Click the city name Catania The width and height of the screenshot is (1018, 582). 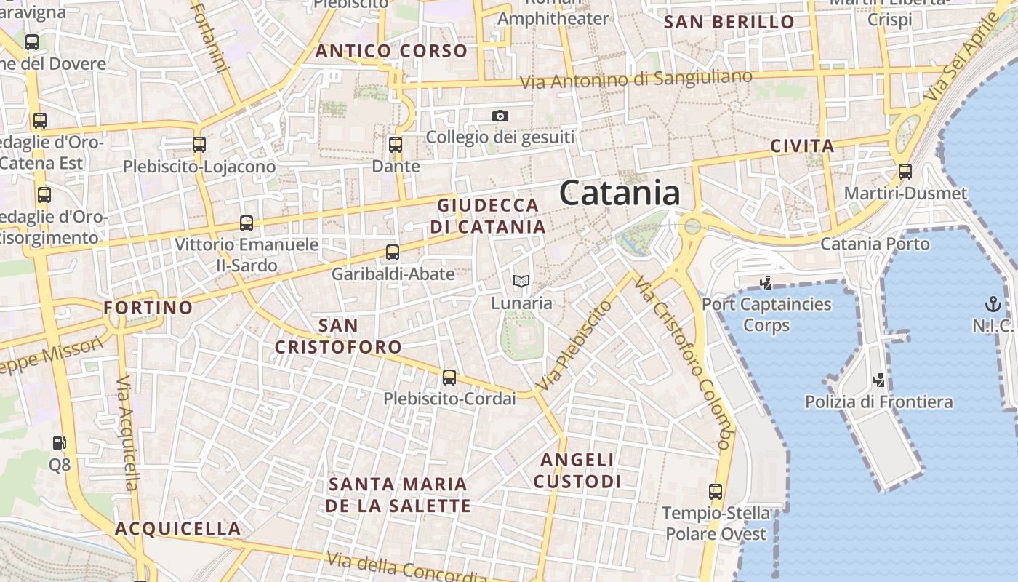tap(620, 194)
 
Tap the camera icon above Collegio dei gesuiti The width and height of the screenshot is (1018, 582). tap(500, 116)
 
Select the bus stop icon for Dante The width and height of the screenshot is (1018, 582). tap(396, 145)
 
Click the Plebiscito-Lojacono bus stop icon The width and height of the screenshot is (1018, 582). tap(199, 145)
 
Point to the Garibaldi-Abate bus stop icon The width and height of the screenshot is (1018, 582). tap(393, 252)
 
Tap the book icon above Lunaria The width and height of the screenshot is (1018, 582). tap(521, 281)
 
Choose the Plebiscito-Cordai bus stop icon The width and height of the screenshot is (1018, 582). tap(449, 378)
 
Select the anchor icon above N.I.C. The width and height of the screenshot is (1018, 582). tap(993, 304)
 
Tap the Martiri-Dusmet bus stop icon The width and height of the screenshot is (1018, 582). tap(905, 172)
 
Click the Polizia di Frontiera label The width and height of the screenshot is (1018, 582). tap(878, 402)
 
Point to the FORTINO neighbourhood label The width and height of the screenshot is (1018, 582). tap(148, 308)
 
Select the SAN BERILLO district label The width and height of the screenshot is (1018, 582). tap(729, 22)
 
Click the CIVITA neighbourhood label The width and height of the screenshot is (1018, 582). tap(802, 146)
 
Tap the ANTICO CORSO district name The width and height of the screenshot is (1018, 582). tap(391, 51)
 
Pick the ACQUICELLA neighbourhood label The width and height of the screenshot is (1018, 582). tap(177, 529)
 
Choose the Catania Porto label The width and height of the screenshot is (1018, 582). tap(875, 244)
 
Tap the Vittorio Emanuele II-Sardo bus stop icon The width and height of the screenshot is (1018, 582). tap(247, 223)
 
